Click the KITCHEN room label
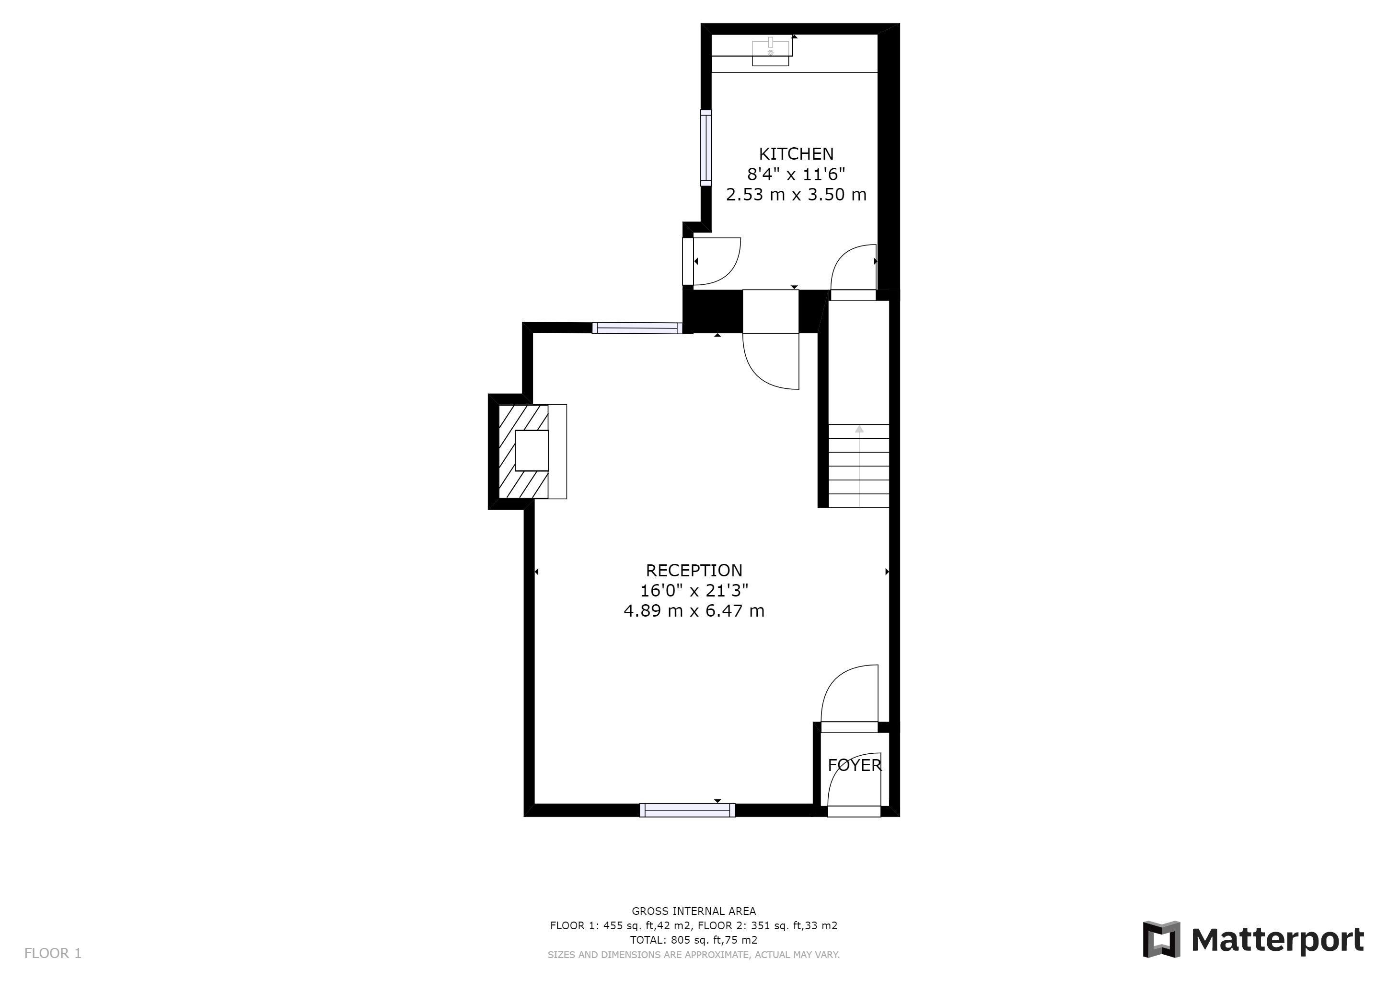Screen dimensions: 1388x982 796,153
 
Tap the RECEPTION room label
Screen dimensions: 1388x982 694,570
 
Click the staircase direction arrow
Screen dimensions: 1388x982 859,466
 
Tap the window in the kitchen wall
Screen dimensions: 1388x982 706,148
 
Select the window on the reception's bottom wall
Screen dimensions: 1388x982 687,810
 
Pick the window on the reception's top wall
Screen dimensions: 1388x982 637,328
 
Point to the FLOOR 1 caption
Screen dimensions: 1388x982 53,954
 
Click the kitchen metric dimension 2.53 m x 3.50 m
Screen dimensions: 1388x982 796,195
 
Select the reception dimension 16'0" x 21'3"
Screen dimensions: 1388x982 694,590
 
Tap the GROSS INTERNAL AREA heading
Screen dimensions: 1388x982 694,911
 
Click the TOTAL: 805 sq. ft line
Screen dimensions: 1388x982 694,940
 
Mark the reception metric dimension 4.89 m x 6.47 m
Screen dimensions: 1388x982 694,611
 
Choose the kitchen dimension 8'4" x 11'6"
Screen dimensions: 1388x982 796,174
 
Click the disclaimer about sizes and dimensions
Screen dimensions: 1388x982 694,955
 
